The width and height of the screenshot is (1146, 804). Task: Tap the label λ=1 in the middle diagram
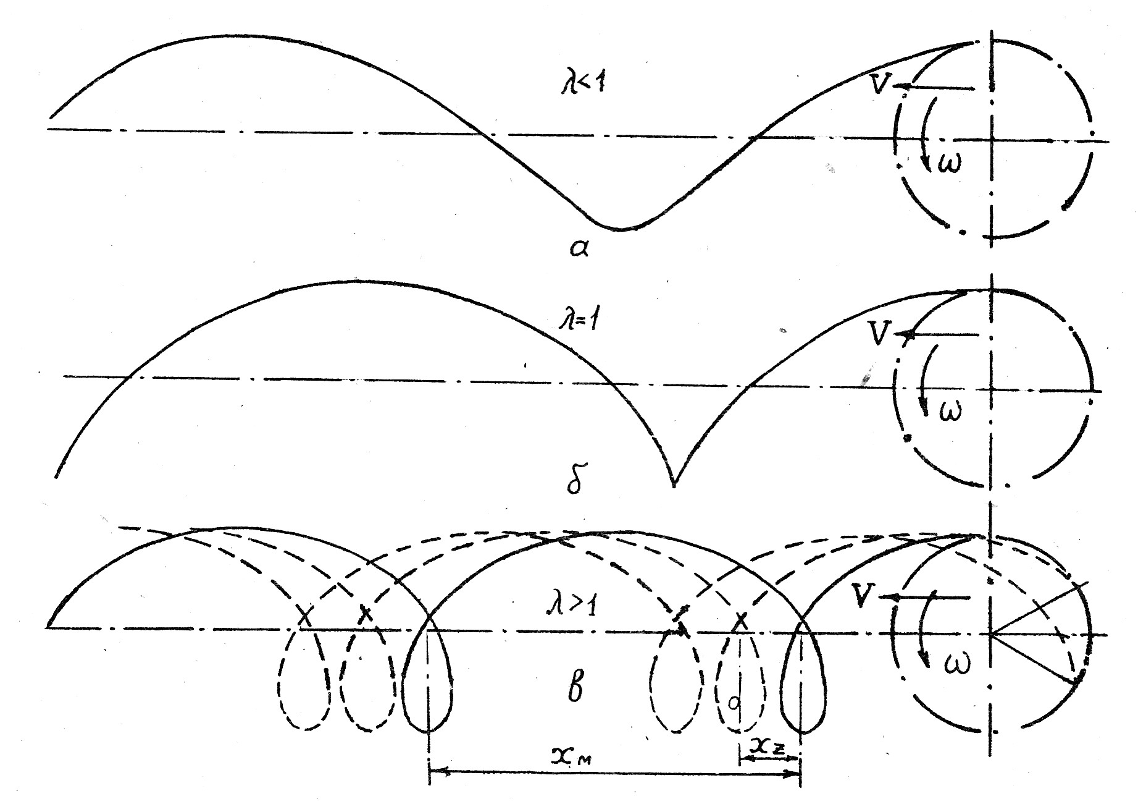coord(575,322)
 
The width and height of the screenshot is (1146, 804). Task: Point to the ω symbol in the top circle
coord(949,164)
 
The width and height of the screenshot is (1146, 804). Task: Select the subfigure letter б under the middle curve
coord(574,482)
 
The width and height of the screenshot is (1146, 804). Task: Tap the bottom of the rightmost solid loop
coord(802,733)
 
